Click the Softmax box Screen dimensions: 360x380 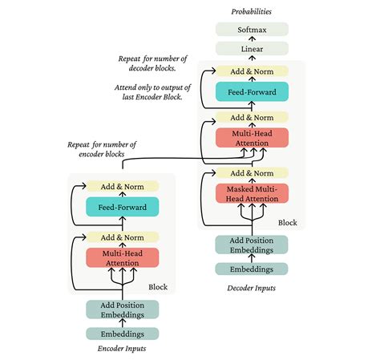250,30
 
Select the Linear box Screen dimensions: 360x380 250,49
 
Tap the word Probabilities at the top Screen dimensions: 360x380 250,11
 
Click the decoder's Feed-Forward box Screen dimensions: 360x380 250,92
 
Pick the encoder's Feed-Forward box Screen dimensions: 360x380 123,207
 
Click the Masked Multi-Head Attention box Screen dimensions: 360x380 250,193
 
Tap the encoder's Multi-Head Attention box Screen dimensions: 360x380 123,257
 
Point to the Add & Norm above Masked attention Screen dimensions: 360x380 250,172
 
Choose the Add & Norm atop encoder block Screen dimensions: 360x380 123,186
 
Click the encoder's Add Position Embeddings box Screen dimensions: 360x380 123,309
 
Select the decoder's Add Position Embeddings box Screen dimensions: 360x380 250,245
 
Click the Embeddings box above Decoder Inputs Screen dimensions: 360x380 250,269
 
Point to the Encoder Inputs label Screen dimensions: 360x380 123,350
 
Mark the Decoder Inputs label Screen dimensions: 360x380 250,286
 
